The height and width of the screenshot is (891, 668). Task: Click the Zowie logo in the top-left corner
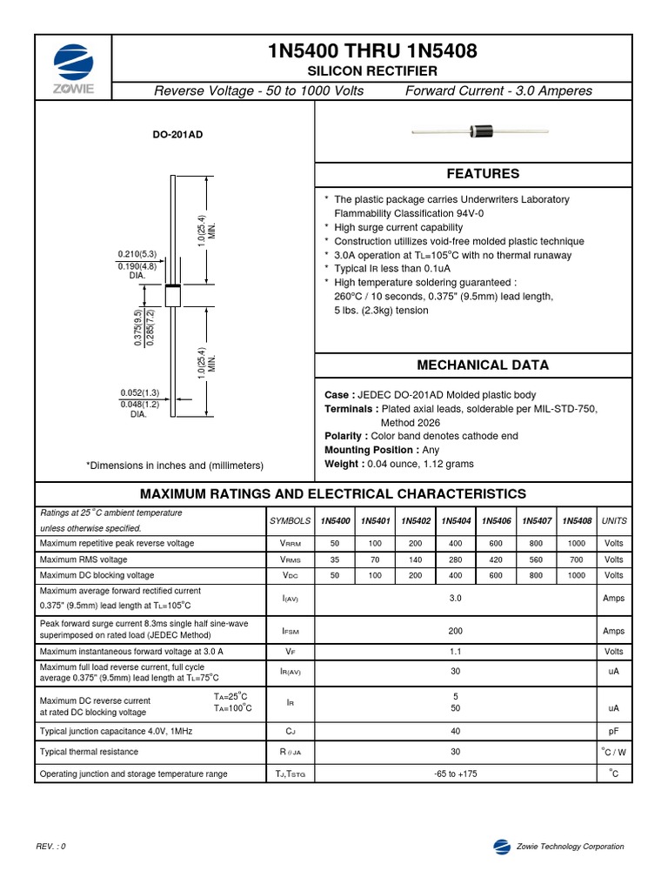click(72, 70)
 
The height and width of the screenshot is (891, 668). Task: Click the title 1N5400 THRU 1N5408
click(372, 53)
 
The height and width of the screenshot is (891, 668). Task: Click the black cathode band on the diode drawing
click(172, 287)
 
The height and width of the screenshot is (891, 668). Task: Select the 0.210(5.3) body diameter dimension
click(137, 254)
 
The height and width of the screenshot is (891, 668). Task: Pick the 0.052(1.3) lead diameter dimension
click(139, 392)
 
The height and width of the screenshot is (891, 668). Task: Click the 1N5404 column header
click(456, 521)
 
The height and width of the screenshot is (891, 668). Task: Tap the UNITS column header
click(613, 521)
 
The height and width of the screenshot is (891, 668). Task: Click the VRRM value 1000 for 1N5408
click(576, 543)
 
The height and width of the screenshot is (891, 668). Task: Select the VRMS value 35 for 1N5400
click(335, 559)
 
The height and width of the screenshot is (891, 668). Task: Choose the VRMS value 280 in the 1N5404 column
click(456, 559)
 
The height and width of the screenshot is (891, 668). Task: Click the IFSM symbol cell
click(291, 632)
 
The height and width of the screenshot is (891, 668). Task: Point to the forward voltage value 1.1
click(455, 651)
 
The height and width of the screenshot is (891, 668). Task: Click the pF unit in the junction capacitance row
click(613, 732)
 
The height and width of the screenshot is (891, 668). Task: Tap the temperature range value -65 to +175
click(456, 774)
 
